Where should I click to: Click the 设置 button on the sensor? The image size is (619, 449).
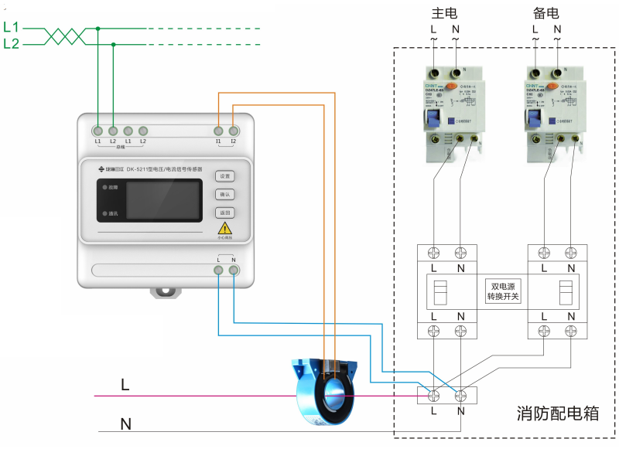click(x=224, y=176)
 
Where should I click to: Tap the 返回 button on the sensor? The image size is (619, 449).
click(x=224, y=213)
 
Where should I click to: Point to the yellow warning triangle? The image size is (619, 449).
click(x=224, y=229)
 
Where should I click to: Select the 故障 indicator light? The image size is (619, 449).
click(x=104, y=188)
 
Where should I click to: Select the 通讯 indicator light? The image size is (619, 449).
click(x=104, y=213)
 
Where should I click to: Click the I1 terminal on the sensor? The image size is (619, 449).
click(x=219, y=131)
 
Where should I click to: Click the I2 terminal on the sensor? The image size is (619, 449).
click(x=233, y=131)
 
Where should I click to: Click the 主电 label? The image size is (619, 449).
click(x=445, y=13)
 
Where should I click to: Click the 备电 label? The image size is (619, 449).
click(x=546, y=13)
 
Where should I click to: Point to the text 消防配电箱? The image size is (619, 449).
click(x=558, y=413)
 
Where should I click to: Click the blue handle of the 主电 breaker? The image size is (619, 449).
click(x=432, y=119)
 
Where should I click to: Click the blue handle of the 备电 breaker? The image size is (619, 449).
click(x=533, y=119)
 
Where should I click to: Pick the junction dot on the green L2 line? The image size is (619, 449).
click(x=113, y=45)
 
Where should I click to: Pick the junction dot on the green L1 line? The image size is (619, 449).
click(x=98, y=29)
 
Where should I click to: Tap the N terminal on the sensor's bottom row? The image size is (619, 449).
click(x=233, y=270)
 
